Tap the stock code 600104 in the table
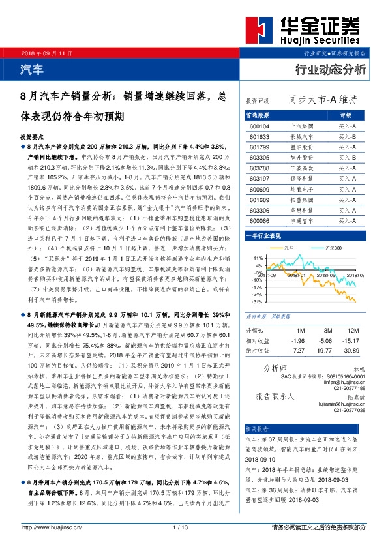pyautogui.click(x=260, y=126)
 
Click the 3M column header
pyautogui.click(x=328, y=331)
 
